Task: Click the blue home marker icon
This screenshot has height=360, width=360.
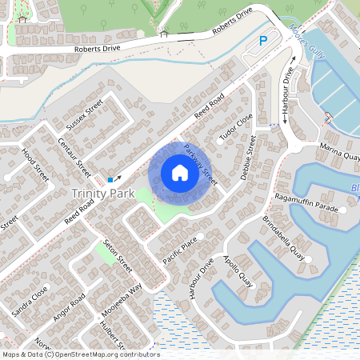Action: coord(180,173)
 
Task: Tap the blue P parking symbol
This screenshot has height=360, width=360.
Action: coord(263,42)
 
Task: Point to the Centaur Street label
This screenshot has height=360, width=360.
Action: coord(75,154)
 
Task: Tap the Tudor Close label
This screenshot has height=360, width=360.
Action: coord(236,126)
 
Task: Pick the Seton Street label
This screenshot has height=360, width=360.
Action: coord(118,258)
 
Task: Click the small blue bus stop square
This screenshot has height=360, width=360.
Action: coord(110,179)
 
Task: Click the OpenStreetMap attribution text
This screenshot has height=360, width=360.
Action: coord(80,354)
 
